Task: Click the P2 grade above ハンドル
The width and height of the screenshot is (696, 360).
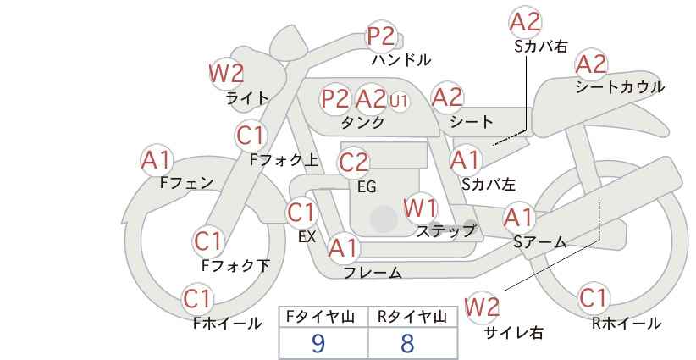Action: click(382, 36)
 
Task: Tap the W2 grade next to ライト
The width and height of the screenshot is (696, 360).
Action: click(226, 73)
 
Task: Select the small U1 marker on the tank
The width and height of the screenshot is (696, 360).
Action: click(398, 101)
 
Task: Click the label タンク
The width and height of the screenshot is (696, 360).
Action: click(362, 122)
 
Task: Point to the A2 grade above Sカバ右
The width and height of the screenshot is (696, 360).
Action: click(526, 22)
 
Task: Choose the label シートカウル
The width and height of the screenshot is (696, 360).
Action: click(620, 86)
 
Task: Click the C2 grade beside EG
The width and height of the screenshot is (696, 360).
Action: click(354, 163)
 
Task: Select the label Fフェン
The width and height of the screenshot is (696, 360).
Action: click(186, 182)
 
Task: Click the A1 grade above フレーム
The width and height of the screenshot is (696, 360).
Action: click(343, 248)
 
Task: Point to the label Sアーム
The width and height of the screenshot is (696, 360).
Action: click(539, 242)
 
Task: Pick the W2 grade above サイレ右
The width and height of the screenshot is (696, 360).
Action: click(482, 307)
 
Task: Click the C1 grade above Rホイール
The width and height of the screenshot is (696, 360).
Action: click(594, 298)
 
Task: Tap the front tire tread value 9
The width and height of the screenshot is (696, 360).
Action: click(318, 343)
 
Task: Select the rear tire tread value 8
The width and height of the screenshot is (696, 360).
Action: click(407, 343)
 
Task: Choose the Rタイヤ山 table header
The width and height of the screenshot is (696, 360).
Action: click(412, 317)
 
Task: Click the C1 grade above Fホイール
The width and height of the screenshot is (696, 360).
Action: click(197, 299)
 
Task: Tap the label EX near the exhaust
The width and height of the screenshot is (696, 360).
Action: click(307, 237)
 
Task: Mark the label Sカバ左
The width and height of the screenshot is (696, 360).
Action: click(489, 184)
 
